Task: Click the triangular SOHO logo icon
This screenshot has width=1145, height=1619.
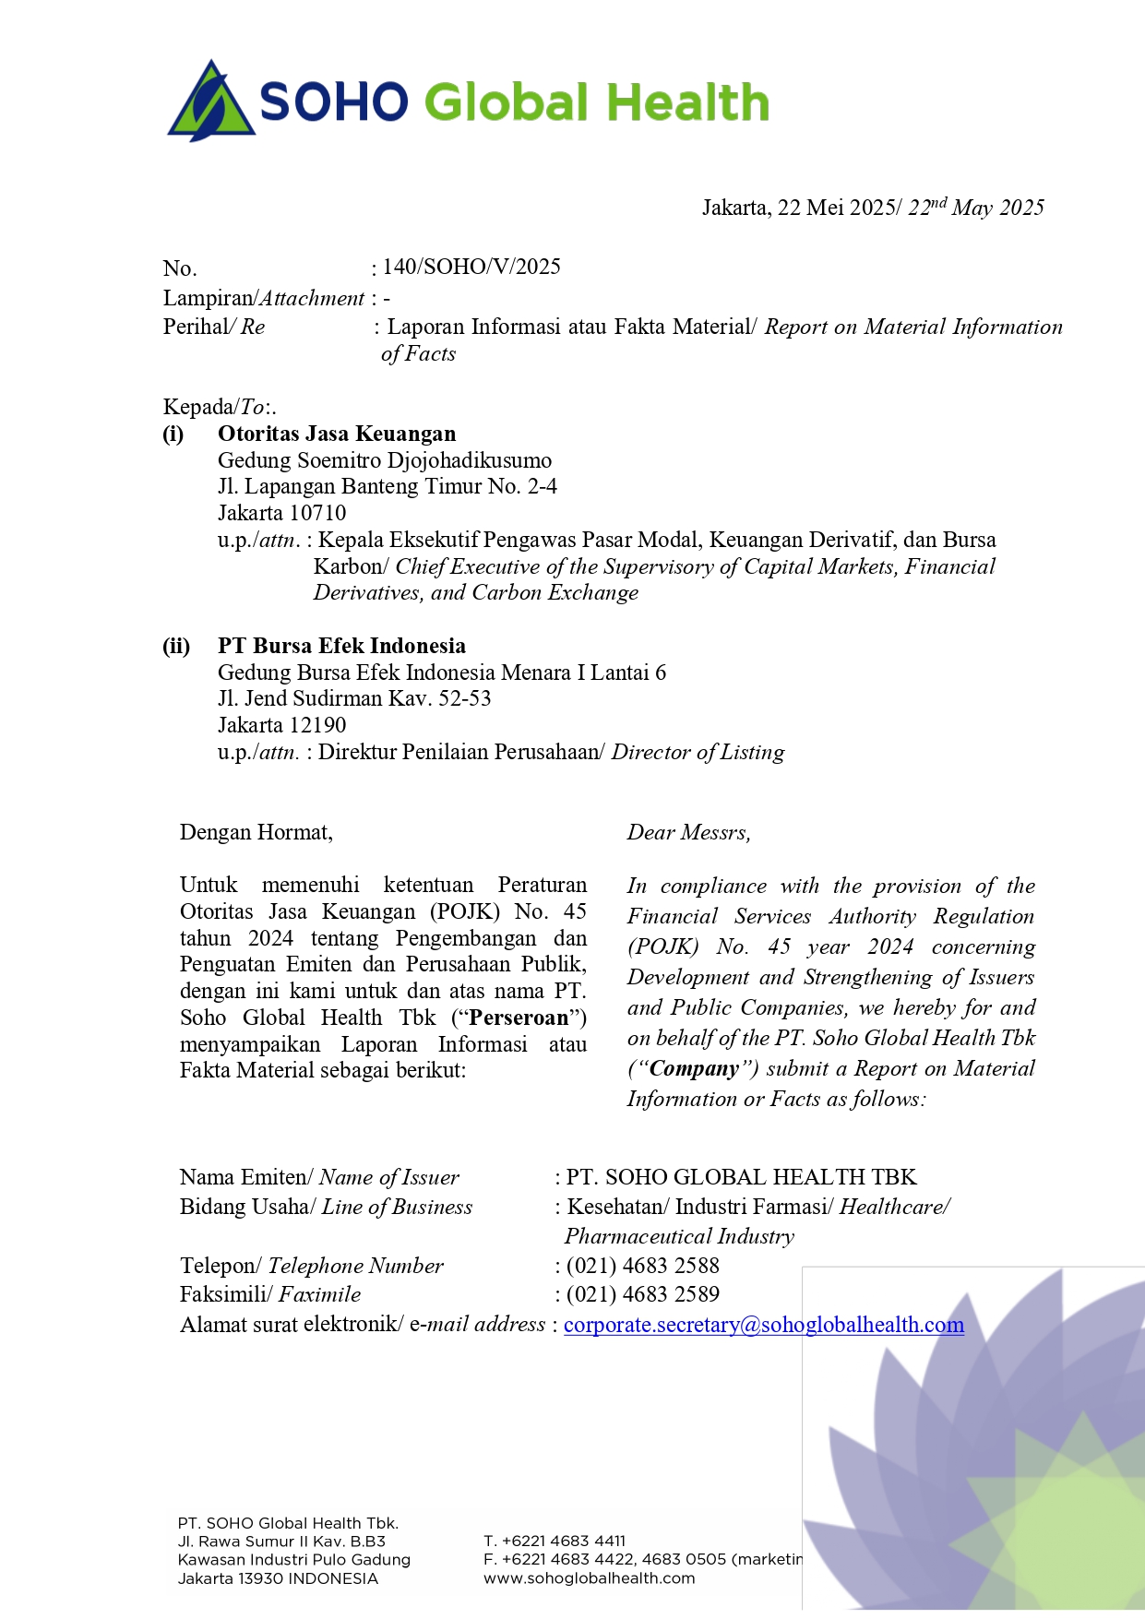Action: (x=211, y=102)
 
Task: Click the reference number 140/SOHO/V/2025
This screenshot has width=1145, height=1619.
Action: (x=471, y=268)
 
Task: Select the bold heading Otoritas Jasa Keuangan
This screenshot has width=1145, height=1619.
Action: (x=337, y=434)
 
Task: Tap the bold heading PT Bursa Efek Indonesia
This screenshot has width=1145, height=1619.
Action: (x=341, y=646)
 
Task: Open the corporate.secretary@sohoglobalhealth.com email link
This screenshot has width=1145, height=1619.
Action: (x=763, y=1325)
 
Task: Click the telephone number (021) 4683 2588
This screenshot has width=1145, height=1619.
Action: (x=642, y=1266)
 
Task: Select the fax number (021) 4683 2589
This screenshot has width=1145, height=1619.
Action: (x=642, y=1294)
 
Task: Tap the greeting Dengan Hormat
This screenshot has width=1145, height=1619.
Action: (x=256, y=832)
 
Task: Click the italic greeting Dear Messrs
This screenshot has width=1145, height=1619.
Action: (x=688, y=832)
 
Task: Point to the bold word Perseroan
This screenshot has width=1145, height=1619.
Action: (x=519, y=1018)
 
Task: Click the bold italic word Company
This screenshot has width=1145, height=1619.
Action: (x=694, y=1068)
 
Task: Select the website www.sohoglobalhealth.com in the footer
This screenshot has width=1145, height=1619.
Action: (x=589, y=1578)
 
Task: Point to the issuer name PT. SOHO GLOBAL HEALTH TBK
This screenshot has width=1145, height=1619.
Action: (x=741, y=1177)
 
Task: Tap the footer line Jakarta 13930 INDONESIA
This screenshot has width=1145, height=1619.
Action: (x=278, y=1578)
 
